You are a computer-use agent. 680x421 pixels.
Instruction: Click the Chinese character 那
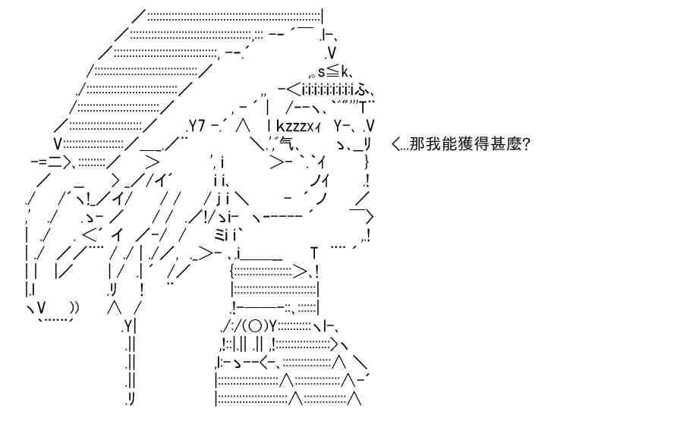click(416, 143)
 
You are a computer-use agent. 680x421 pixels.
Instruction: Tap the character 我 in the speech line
click(430, 143)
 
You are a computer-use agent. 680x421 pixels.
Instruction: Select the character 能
click(444, 143)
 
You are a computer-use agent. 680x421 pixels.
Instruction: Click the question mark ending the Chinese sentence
click(525, 143)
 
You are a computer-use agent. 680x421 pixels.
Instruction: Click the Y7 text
click(197, 126)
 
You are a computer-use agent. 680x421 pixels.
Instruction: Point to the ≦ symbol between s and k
click(332, 71)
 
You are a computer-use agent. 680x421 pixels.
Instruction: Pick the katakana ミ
click(220, 235)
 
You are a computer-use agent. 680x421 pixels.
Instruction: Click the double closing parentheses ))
click(74, 307)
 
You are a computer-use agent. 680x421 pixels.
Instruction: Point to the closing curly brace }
click(367, 162)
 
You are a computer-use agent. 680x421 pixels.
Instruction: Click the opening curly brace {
click(232, 272)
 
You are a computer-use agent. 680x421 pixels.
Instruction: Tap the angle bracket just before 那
click(395, 143)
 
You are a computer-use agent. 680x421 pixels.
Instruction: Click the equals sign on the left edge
click(39, 162)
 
